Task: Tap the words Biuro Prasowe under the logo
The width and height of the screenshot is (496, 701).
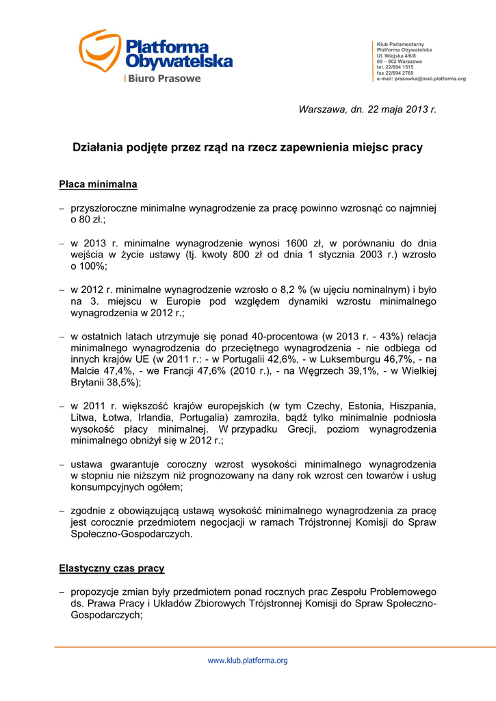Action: (164, 79)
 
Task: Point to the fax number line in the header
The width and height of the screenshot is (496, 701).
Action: (395, 73)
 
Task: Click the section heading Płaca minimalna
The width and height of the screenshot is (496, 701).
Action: (98, 184)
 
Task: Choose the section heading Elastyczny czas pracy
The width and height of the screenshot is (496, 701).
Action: (112, 568)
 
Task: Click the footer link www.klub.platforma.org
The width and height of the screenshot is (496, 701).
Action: (248, 661)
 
